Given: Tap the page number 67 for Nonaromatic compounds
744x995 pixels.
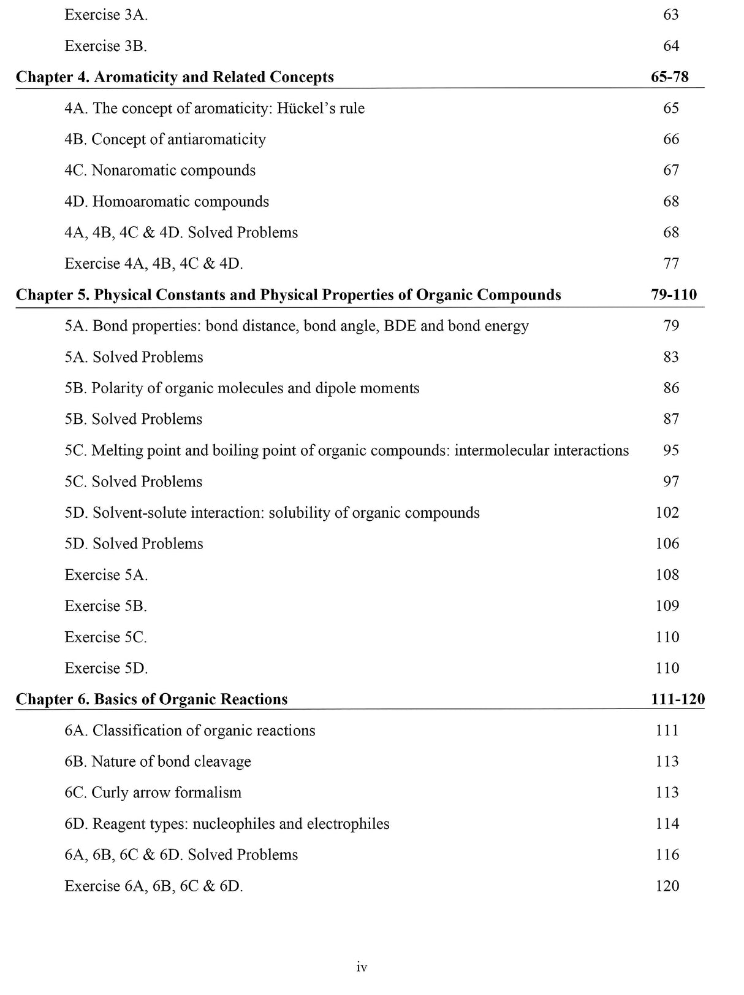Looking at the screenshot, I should coord(671,170).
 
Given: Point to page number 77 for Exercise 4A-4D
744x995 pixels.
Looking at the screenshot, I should coord(671,263).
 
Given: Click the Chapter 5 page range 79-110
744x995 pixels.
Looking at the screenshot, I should coord(674,294).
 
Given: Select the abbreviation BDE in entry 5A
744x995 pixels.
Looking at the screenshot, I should coord(400,326).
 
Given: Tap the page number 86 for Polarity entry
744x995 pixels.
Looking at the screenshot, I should coord(671,388).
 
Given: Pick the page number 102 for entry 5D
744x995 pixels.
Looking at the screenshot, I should coord(667,512).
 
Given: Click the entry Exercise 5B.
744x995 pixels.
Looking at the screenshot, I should coord(105,605).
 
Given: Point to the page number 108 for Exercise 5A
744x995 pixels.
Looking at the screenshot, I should coord(667,574).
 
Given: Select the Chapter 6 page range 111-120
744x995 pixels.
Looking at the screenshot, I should coord(677,699).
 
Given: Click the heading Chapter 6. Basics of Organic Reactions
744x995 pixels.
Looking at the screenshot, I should coord(151,699).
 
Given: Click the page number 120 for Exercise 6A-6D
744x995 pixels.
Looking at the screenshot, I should coord(667,885).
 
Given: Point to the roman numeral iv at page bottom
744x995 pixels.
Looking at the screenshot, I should coord(362,967).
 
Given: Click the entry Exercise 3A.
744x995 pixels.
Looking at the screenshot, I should coord(105,15).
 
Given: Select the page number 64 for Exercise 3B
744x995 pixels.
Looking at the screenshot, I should coord(671,46).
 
